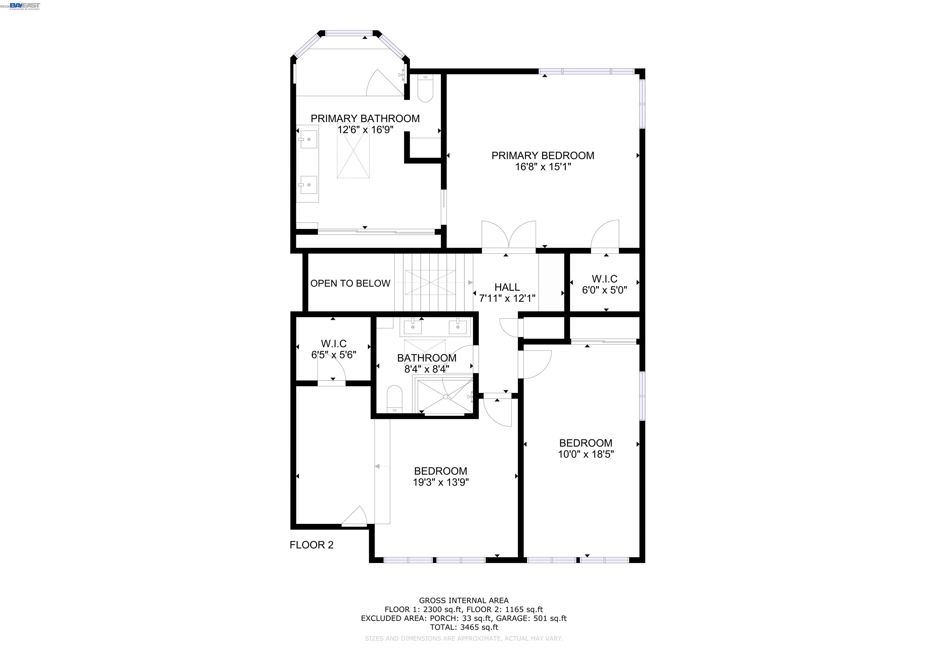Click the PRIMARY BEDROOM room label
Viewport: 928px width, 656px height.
pyautogui.click(x=543, y=156)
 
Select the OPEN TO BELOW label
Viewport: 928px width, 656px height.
pyautogui.click(x=350, y=283)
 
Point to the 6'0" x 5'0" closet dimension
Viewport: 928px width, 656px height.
pyautogui.click(x=604, y=290)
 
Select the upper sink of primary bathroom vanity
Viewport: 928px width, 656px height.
pyautogui.click(x=308, y=139)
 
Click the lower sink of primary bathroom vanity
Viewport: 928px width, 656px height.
pyautogui.click(x=308, y=185)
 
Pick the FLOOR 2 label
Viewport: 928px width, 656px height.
pyautogui.click(x=311, y=545)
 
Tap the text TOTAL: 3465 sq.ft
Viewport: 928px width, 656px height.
pyautogui.click(x=464, y=627)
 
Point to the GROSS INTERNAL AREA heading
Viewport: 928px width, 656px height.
pyautogui.click(x=464, y=601)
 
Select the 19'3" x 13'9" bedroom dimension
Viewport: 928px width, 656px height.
pyautogui.click(x=440, y=482)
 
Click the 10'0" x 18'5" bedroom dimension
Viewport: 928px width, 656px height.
pyautogui.click(x=586, y=454)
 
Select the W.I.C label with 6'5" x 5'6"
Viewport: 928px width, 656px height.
pyautogui.click(x=333, y=344)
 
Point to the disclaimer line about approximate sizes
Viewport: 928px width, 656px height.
pyautogui.click(x=464, y=638)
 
